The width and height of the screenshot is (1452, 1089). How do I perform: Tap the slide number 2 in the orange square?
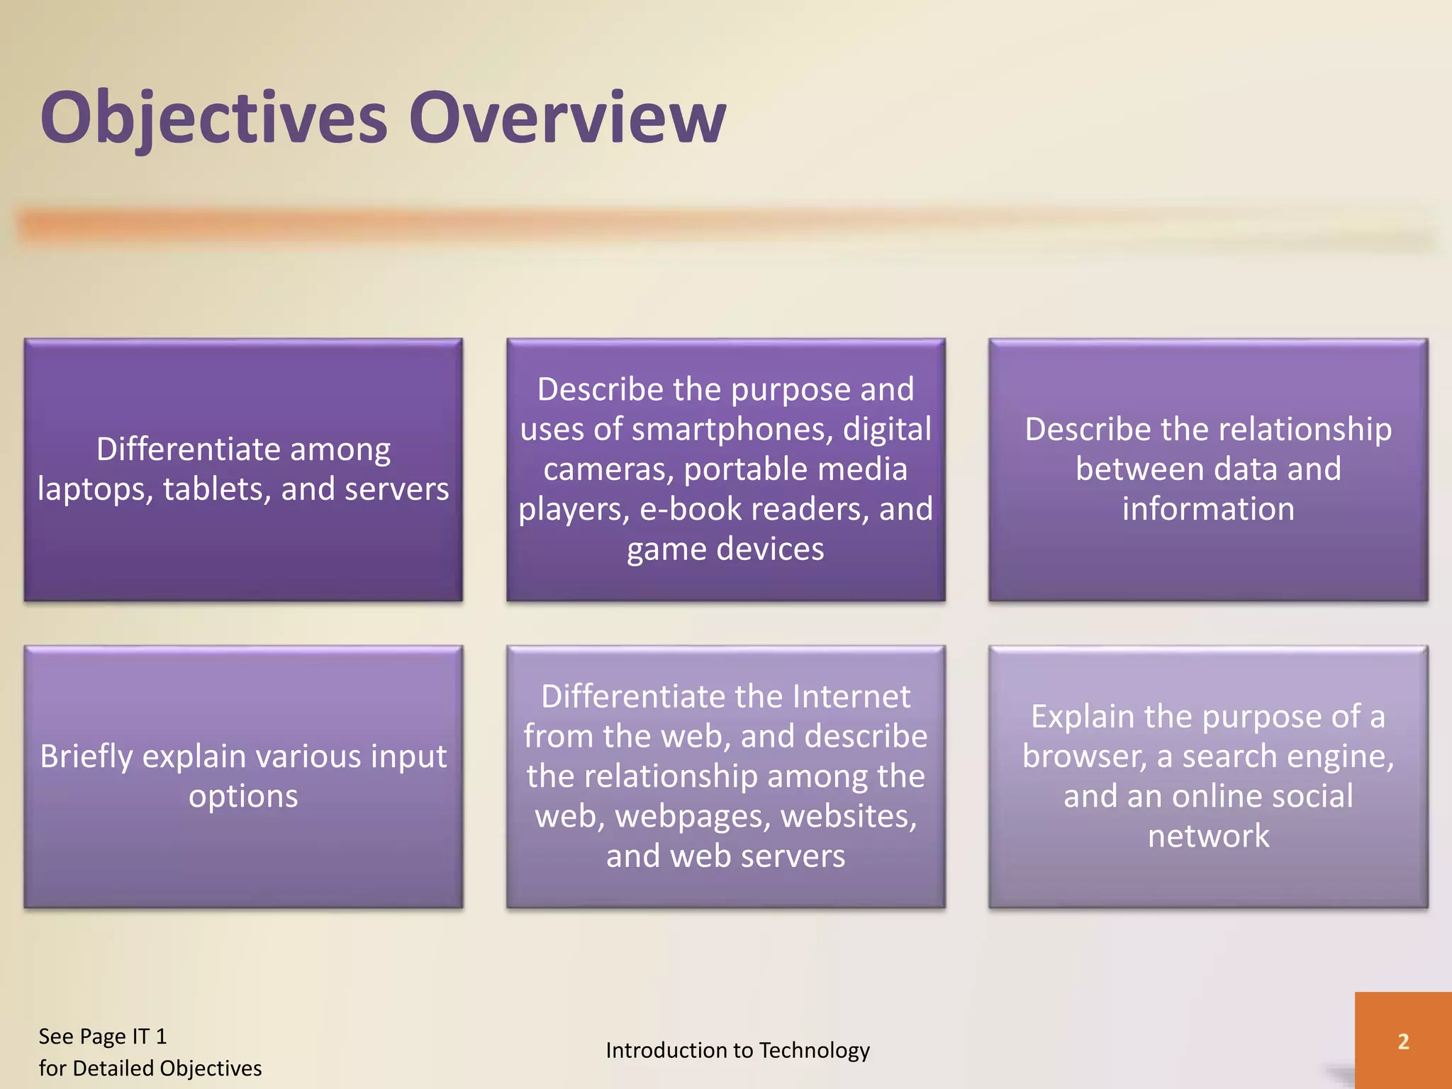(x=1403, y=1041)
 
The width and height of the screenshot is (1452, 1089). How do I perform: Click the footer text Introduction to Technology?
(x=737, y=1050)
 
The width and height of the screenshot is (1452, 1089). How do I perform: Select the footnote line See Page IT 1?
(x=103, y=1037)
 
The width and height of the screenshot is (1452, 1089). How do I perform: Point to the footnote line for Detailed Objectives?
(x=150, y=1068)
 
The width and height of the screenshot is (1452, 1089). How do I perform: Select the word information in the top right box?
(x=1208, y=509)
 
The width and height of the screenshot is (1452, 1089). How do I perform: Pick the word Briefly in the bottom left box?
(x=86, y=757)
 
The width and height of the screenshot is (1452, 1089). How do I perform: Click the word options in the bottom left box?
(x=243, y=797)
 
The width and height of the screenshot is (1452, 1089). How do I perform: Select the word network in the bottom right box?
(x=1208, y=837)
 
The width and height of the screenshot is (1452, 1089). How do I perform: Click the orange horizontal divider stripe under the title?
(x=709, y=225)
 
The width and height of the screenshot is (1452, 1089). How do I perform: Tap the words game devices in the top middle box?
(x=725, y=549)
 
